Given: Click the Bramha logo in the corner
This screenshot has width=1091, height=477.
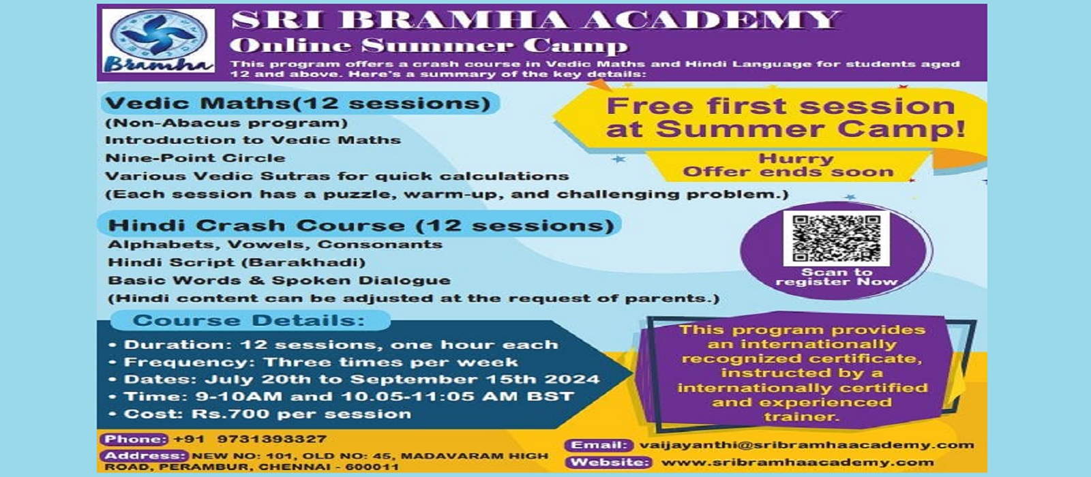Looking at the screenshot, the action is pyautogui.click(x=158, y=41).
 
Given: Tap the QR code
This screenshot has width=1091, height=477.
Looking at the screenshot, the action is pyautogui.click(x=836, y=238).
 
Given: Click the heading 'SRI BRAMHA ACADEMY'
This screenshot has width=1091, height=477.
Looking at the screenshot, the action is pyautogui.click(x=536, y=20).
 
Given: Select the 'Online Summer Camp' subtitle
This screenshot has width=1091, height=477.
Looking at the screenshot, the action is pyautogui.click(x=429, y=45).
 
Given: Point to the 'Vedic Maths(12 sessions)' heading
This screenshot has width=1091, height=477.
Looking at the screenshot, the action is pyautogui.click(x=298, y=103).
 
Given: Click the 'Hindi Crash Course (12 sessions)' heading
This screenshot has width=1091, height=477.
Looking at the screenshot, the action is pyautogui.click(x=361, y=226).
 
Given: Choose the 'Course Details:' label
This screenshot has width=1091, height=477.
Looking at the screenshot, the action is pyautogui.click(x=249, y=321).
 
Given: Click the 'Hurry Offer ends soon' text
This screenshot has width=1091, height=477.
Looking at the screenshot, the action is pyautogui.click(x=788, y=166).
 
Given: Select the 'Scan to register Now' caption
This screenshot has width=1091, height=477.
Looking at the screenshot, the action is pyautogui.click(x=836, y=277).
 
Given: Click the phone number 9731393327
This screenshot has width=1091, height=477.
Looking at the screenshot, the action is pyautogui.click(x=272, y=439).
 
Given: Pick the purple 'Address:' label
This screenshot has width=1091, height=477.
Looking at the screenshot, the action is pyautogui.click(x=144, y=456).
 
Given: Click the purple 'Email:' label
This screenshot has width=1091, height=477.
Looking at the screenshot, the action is pyautogui.click(x=599, y=446).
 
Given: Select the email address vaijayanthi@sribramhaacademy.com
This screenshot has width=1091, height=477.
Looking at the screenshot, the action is pyautogui.click(x=807, y=446).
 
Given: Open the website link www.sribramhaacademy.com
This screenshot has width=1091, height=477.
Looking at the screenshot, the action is pyautogui.click(x=798, y=463).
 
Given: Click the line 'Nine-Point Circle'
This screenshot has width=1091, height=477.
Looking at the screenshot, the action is pyautogui.click(x=195, y=158).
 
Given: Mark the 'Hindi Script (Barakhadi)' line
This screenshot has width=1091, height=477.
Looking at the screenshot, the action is pyautogui.click(x=237, y=263).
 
